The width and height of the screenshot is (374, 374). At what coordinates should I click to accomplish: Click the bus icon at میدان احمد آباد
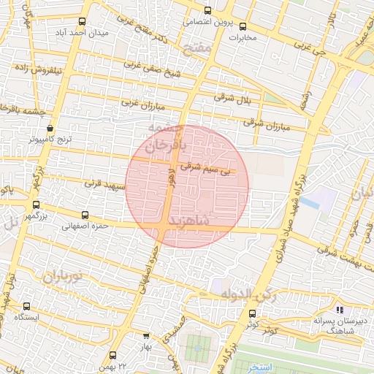pyautogui.click(x=80, y=22)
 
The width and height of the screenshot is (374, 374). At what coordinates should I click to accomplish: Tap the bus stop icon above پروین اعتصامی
pyautogui.click(x=208, y=10)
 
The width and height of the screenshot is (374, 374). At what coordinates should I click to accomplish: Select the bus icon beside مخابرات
pyautogui.click(x=243, y=26)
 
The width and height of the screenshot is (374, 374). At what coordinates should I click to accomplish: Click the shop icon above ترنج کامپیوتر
pyautogui.click(x=49, y=127)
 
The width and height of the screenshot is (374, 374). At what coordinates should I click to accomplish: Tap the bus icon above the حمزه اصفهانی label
pyautogui.click(x=86, y=215)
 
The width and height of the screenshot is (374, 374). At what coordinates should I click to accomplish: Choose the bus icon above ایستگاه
pyautogui.click(x=27, y=307)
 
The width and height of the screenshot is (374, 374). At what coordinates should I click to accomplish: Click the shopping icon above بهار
pyautogui.click(x=146, y=335)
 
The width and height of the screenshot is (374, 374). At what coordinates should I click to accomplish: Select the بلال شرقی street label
pyautogui.click(x=232, y=97)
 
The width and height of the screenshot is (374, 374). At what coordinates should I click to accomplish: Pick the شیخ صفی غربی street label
pyautogui.click(x=152, y=68)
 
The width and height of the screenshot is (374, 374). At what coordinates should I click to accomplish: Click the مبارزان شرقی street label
pyautogui.click(x=267, y=125)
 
